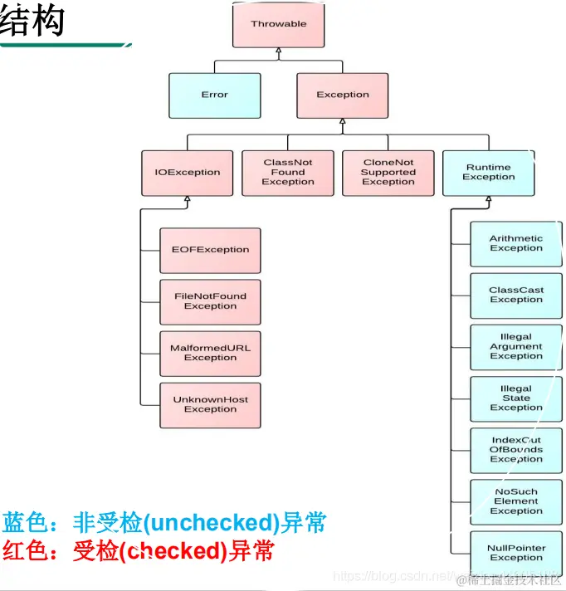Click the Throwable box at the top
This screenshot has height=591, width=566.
click(279, 24)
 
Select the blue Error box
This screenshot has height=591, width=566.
click(214, 95)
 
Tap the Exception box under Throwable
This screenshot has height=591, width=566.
click(343, 95)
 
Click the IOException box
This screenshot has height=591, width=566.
click(188, 173)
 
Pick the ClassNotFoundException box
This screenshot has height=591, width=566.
click(288, 173)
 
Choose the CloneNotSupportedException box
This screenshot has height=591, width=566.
click(388, 173)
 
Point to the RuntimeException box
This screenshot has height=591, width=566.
click(489, 172)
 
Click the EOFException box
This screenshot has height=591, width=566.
click(210, 250)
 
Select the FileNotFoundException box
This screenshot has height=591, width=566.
click(210, 301)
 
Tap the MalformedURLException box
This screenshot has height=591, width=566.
click(210, 353)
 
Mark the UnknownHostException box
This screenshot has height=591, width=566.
click(210, 404)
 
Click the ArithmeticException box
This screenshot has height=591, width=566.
click(515, 243)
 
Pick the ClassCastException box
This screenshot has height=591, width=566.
click(515, 295)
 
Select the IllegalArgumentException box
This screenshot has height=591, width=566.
click(515, 346)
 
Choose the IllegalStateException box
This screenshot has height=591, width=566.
click(515, 398)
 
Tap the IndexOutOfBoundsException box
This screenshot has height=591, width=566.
click(515, 450)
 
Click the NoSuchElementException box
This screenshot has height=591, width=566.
click(515, 501)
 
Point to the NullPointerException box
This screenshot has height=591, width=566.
click(515, 553)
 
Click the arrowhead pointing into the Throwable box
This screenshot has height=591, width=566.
click(279, 52)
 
